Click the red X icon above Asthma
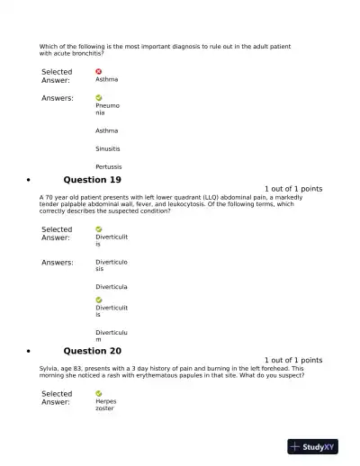[x=98, y=71]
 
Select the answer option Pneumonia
[x=106, y=109]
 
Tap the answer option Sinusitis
[x=108, y=148]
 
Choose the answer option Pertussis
[x=109, y=166]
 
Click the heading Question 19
[x=92, y=180]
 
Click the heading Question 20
[x=92, y=351]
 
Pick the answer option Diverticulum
[x=112, y=336]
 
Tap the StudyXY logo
[x=311, y=446]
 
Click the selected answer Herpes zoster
[x=106, y=405]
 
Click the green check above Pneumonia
[x=98, y=97]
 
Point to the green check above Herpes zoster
[x=98, y=393]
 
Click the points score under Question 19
[x=292, y=189]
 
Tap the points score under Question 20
[x=292, y=360]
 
